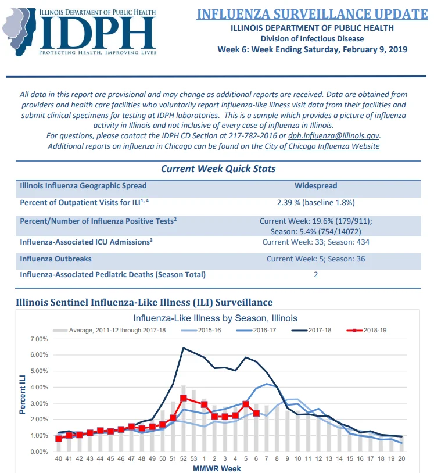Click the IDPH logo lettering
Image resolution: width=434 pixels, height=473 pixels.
(x=97, y=33)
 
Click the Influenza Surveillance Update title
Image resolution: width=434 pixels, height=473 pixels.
(x=312, y=14)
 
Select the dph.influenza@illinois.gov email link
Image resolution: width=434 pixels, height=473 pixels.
(x=333, y=136)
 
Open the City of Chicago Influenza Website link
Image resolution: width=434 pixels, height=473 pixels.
(x=322, y=146)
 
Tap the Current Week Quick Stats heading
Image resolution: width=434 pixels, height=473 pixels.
(x=218, y=169)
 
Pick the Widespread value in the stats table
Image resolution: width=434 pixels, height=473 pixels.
(x=316, y=185)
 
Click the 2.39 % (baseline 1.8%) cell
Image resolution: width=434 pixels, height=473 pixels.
(x=316, y=202)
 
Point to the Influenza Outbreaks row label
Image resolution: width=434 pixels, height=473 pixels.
(x=56, y=259)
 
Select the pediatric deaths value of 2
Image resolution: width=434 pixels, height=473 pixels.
(x=316, y=274)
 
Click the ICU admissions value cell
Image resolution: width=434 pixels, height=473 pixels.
(x=316, y=242)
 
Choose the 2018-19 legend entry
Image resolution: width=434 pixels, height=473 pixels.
(x=367, y=330)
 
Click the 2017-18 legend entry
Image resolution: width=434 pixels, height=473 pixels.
(x=311, y=330)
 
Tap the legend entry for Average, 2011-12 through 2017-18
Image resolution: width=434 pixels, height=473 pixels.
(x=109, y=330)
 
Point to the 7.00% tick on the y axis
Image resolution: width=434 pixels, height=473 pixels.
(x=39, y=339)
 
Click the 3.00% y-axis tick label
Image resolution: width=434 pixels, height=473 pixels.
(x=39, y=403)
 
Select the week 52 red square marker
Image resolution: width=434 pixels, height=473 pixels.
(x=184, y=398)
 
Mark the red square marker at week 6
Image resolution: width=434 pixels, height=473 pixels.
(x=256, y=413)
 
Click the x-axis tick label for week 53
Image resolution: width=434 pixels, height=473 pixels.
(x=193, y=458)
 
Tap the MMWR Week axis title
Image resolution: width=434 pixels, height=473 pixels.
(x=217, y=468)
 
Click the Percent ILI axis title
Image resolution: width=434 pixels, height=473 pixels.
(x=22, y=395)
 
